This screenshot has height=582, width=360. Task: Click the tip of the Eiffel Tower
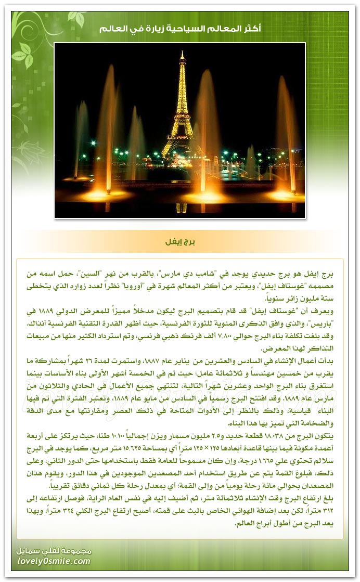pyautogui.click(x=182, y=51)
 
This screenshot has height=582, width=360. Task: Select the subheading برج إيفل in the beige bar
pyautogui.click(x=179, y=242)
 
